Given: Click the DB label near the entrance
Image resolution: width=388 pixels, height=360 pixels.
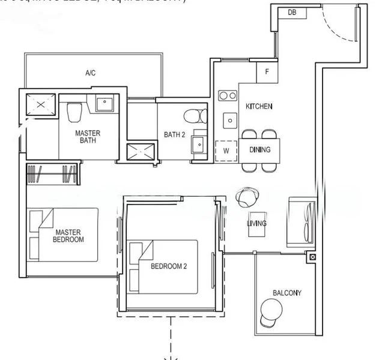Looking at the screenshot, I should point(291,12).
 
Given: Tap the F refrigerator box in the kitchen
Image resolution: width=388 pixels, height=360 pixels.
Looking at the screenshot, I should point(267,73).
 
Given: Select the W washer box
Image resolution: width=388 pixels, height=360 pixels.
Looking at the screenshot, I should point(226,151).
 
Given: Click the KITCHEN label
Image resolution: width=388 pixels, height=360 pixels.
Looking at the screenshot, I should point(259,107).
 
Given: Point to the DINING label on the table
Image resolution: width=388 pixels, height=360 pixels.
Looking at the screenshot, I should point(260,150).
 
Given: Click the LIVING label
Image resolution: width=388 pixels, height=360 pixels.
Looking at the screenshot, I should point(256,223).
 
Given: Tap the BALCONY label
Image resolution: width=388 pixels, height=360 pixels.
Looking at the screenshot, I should point(287,293).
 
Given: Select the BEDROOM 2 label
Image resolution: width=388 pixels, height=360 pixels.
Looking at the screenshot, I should point(169,266).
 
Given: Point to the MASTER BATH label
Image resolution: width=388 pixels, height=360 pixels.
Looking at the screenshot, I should point(88,137).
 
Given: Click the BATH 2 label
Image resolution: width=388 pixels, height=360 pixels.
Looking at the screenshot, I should point(174,134).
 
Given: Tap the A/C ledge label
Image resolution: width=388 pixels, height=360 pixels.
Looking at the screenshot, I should point(90,73).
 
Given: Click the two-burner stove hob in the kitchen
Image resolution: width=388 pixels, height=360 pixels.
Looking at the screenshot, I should point(227,95).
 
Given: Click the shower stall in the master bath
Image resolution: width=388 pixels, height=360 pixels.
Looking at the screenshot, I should point(40,105).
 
